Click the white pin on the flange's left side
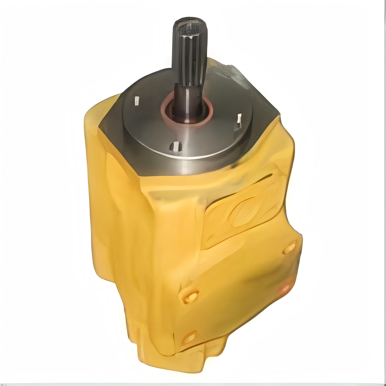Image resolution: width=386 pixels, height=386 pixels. click(136, 100)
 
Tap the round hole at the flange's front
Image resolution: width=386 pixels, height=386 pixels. click(176, 147)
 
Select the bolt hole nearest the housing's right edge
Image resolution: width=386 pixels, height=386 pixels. click(289, 248)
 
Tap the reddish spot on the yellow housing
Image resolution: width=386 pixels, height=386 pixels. click(285, 288)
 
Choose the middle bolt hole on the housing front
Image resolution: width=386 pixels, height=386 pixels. click(190, 297)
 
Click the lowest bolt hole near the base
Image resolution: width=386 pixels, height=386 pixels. click(190, 337)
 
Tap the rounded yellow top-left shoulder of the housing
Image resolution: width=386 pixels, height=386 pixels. click(96, 113)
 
